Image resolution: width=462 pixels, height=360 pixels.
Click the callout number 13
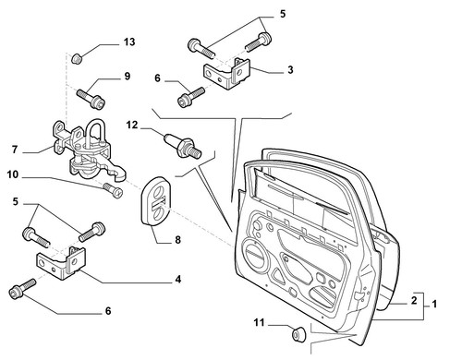tap(129, 42)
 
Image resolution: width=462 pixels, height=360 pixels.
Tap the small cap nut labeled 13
tap(77, 58)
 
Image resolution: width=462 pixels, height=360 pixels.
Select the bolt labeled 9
tap(91, 97)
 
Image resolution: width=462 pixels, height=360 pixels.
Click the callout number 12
tap(132, 125)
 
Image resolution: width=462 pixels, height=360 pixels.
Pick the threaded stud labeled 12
tap(183, 145)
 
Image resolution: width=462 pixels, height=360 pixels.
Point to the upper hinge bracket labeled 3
tap(227, 73)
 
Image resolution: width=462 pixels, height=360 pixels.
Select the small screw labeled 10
tap(113, 190)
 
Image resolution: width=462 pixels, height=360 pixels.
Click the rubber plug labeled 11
tap(298, 334)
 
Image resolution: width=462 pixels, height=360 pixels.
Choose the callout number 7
tap(15, 150)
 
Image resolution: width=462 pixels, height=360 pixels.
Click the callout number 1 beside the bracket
tap(434, 305)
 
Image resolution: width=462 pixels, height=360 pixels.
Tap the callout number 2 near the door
tap(414, 300)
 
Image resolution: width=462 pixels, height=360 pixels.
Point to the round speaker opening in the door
tap(255, 254)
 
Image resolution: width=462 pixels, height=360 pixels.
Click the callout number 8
tap(177, 240)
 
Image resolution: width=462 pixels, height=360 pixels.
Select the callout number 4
tap(178, 280)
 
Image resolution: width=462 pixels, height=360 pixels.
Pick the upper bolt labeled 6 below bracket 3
tap(191, 97)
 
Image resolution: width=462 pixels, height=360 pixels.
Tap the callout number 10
tap(13, 174)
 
